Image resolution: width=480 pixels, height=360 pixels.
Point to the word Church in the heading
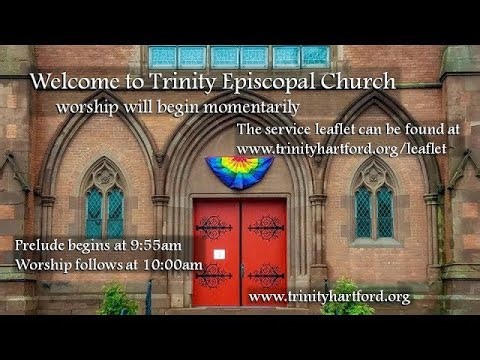click(x=359, y=82)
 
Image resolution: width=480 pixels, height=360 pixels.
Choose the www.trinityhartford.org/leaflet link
click(x=342, y=148)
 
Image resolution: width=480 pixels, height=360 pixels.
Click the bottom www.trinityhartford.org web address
click(x=329, y=297)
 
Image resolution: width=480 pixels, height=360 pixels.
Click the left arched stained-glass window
click(x=104, y=205)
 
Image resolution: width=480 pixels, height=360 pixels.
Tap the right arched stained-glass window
click(x=374, y=205)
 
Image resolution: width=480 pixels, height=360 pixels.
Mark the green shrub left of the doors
click(x=118, y=300)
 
